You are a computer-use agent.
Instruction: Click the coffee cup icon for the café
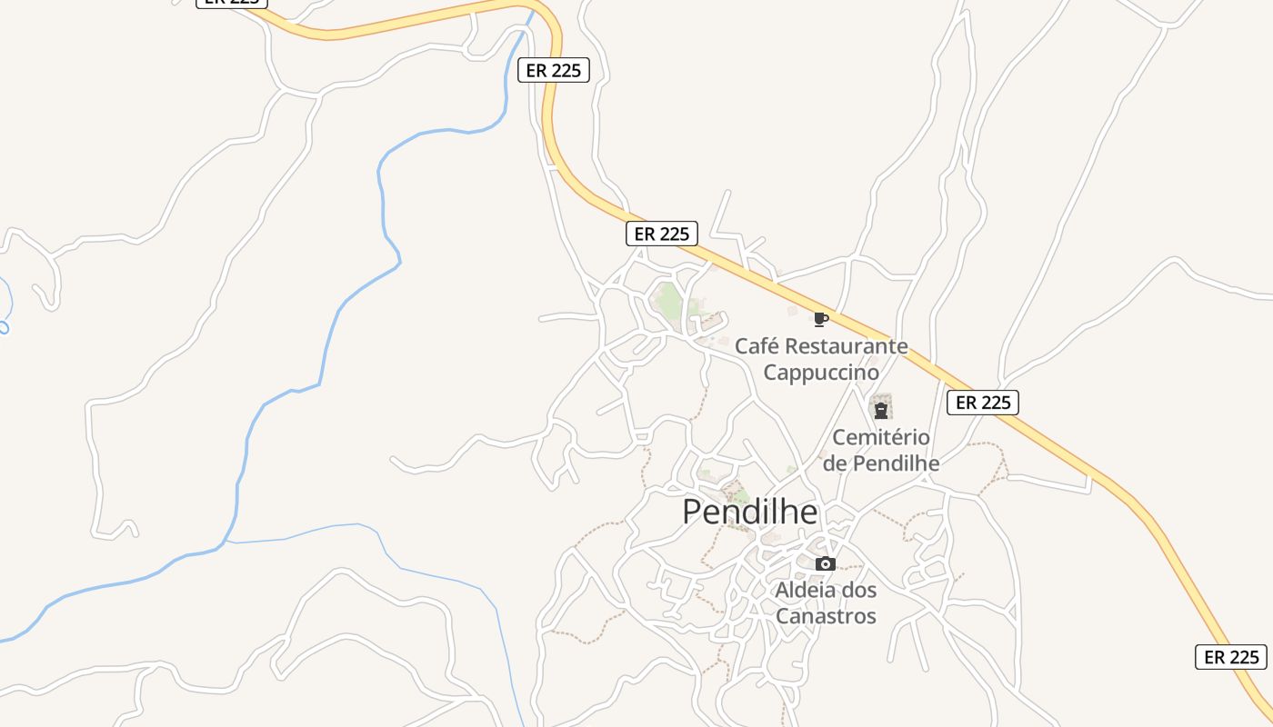(820, 319)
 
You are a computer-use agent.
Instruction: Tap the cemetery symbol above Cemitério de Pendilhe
(880, 407)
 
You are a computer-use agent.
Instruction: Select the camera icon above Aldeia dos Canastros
(826, 563)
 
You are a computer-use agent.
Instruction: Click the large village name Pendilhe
(749, 513)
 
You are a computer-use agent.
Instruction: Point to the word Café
(757, 346)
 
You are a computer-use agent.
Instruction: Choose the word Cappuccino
(821, 373)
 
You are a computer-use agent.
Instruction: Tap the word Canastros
(826, 616)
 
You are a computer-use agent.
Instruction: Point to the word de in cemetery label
(834, 463)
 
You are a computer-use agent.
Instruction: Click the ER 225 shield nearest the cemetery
(982, 403)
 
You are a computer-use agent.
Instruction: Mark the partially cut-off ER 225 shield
(231, 3)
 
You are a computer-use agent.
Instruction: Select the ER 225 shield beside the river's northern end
(554, 70)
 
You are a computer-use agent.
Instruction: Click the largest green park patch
(670, 301)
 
